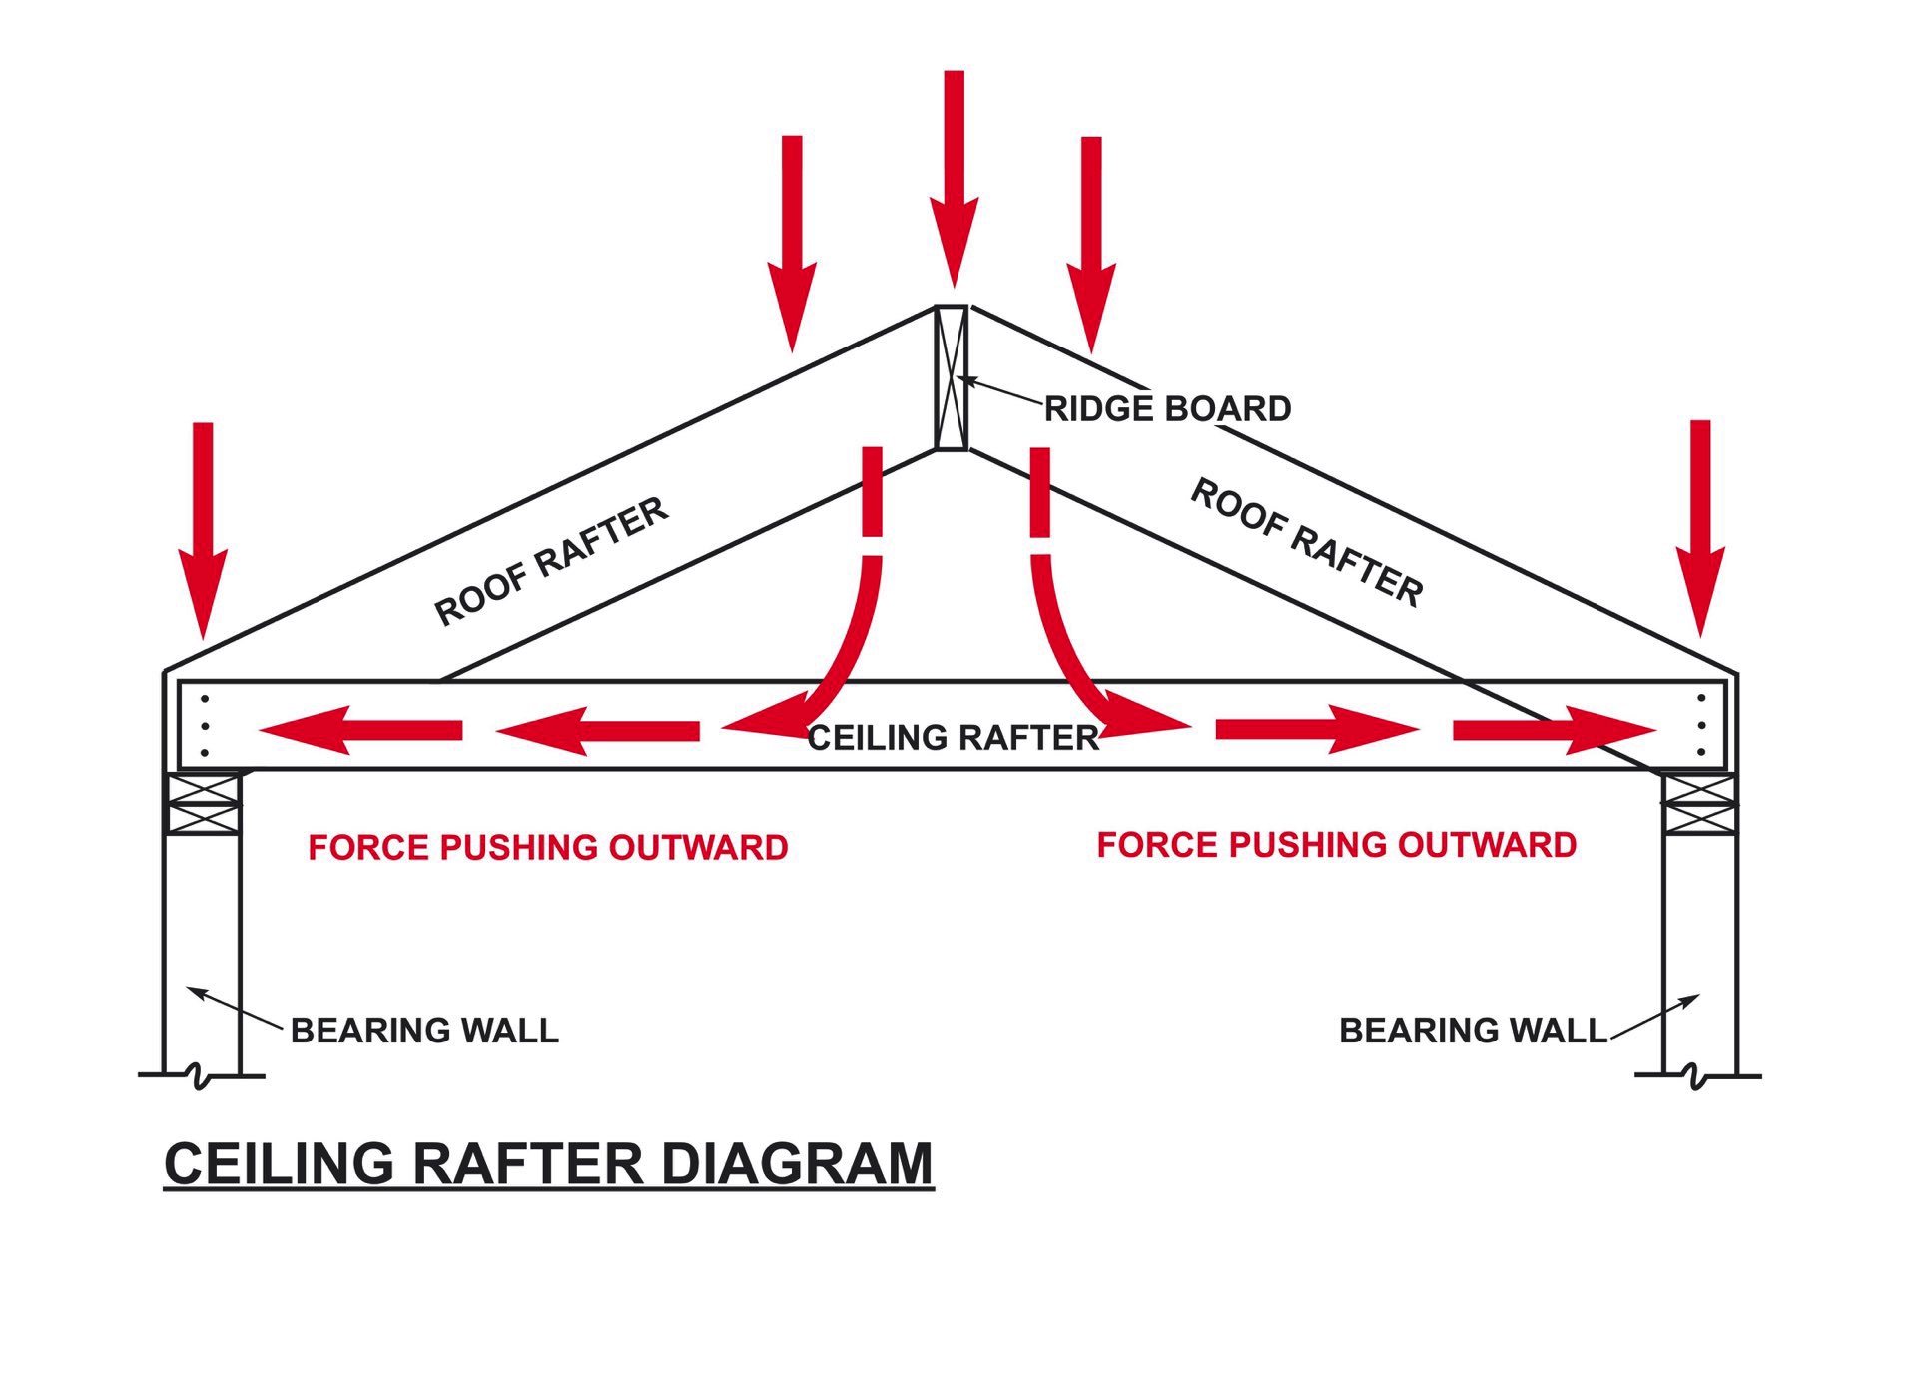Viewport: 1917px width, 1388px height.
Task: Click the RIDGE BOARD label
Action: coord(1167,408)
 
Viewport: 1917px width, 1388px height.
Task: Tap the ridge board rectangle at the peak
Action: coord(952,377)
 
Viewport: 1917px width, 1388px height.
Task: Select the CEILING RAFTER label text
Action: coord(953,738)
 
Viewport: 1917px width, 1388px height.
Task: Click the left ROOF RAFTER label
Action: coord(551,561)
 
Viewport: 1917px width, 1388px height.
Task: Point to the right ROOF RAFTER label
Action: coord(1307,542)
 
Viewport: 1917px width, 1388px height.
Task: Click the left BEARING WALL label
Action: coord(424,1030)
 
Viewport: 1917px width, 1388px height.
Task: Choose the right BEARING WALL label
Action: coord(1473,1030)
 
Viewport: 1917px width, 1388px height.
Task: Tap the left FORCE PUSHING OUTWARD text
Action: coord(547,848)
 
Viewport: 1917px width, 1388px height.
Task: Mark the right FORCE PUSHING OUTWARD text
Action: coord(1336,845)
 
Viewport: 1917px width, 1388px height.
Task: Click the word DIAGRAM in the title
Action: coord(797,1163)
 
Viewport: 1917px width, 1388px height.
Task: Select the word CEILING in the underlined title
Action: coord(279,1163)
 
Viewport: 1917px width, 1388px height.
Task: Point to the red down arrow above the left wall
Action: coord(203,530)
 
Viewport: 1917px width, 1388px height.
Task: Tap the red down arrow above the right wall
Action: coord(1700,528)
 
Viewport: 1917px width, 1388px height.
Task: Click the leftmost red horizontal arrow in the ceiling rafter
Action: coord(360,730)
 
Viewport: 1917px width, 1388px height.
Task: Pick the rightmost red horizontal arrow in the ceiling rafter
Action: coord(1555,730)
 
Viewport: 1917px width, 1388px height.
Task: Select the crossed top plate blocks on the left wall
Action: coord(204,803)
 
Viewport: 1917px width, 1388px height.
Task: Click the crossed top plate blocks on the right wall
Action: coord(1699,803)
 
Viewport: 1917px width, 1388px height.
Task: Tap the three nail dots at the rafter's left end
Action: coord(205,725)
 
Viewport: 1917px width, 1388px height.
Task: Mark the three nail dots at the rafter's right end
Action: coord(1700,725)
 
